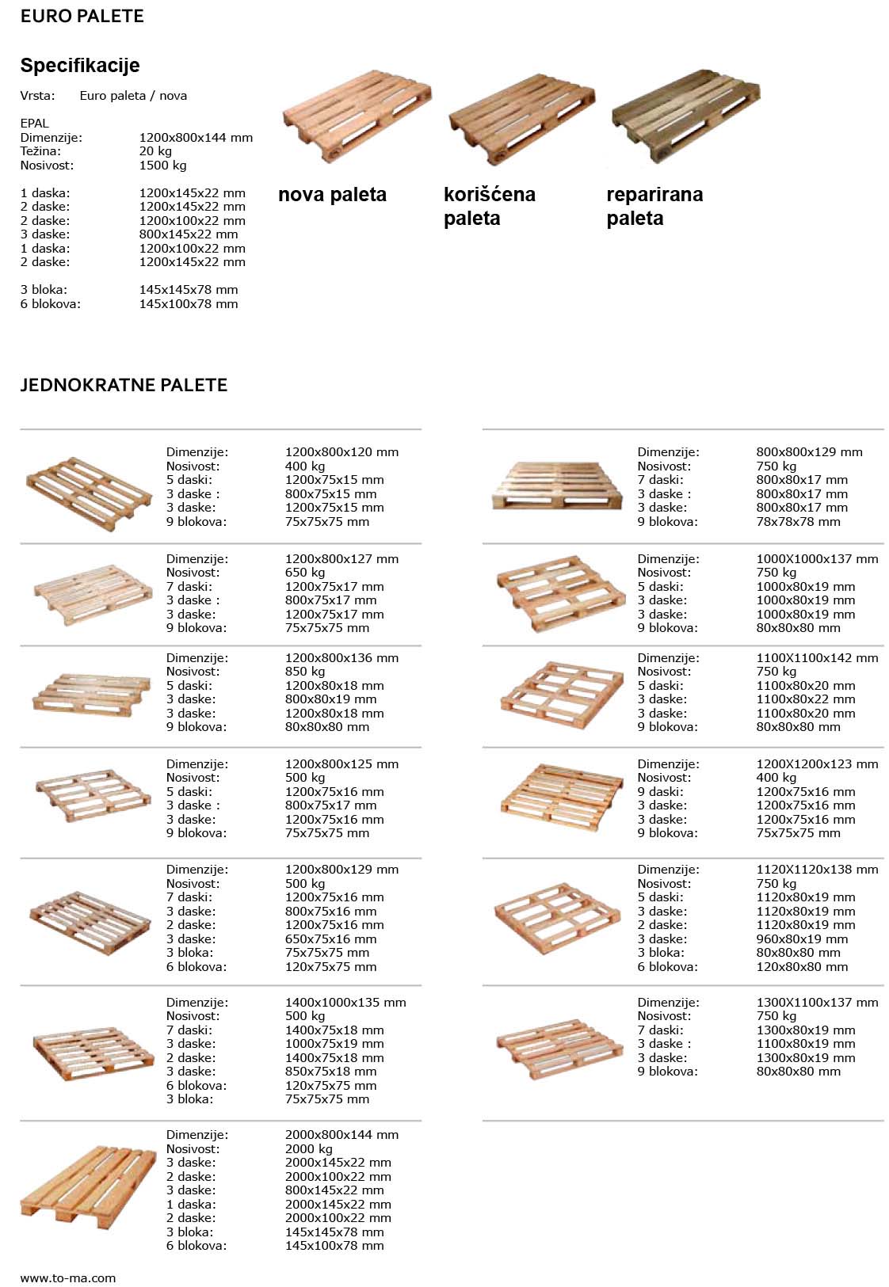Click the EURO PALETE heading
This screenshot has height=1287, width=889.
pyautogui.click(x=82, y=17)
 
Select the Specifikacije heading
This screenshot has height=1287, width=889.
pyautogui.click(x=80, y=66)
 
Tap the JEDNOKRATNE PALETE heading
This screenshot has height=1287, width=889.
pyautogui.click(x=124, y=386)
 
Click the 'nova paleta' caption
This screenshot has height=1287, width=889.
pyautogui.click(x=332, y=195)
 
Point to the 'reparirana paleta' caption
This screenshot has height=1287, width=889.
pyautogui.click(x=654, y=206)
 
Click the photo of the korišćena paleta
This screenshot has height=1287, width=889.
pyautogui.click(x=521, y=119)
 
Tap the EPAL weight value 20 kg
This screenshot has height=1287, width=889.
pyautogui.click(x=155, y=151)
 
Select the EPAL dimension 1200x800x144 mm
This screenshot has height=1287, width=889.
pyautogui.click(x=196, y=138)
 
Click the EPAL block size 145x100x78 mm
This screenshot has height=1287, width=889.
pyautogui.click(x=189, y=304)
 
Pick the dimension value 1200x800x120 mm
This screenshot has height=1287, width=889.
pyautogui.click(x=341, y=452)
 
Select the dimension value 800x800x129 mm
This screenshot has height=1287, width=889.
pyautogui.click(x=809, y=452)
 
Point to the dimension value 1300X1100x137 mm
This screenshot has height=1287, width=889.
pyautogui.click(x=817, y=1003)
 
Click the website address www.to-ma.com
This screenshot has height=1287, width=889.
pyautogui.click(x=68, y=1277)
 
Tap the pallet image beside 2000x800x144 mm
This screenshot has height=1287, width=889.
pyautogui.click(x=88, y=1187)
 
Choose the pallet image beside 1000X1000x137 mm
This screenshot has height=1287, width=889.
pyautogui.click(x=559, y=593)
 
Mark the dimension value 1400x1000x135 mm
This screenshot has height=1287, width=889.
pyautogui.click(x=345, y=1003)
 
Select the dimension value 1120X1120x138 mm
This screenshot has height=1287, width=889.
pyautogui.click(x=817, y=870)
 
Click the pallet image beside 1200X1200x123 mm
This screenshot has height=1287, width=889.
pyautogui.click(x=561, y=798)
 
